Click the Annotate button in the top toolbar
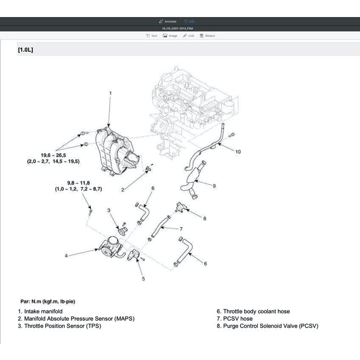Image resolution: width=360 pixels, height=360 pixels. [168, 21]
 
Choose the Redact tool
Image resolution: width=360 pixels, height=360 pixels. [207, 36]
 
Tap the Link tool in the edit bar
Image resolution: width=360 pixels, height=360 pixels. [189, 36]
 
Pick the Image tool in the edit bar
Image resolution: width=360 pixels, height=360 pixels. [170, 36]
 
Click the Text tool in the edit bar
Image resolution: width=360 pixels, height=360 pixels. [152, 36]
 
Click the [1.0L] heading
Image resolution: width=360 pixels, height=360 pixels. [26, 50]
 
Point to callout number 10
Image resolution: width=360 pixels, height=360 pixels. [238, 152]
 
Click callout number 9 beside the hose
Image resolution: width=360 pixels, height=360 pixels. [214, 186]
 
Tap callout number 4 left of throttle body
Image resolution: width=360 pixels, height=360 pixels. [66, 256]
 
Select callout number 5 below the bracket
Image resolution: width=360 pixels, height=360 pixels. [143, 278]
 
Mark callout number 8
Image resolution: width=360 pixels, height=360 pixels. [204, 218]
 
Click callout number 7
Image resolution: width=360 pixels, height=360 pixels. [181, 229]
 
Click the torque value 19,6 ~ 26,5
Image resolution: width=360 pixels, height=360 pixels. [53, 155]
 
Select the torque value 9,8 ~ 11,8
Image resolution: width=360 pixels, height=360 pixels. [78, 182]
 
